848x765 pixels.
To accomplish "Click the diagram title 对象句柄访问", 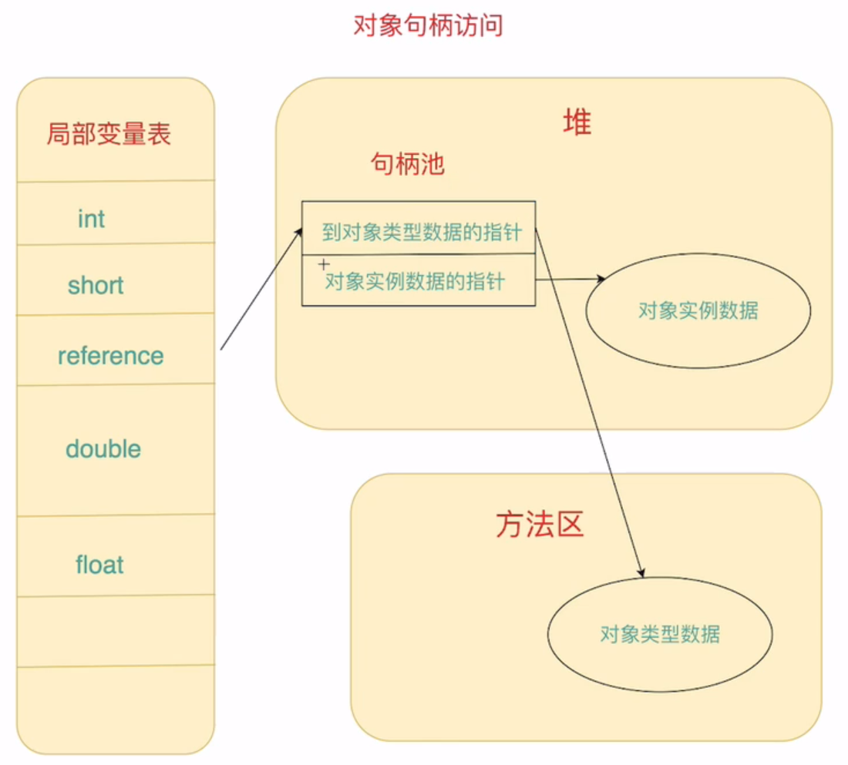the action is (x=428, y=25).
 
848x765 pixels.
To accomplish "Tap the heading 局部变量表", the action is (x=109, y=134).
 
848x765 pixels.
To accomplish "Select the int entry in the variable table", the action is (x=91, y=219).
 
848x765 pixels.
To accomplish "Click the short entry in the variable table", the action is (x=96, y=286).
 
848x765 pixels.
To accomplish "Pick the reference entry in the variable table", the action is (x=110, y=356).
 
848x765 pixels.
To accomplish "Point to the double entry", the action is (x=103, y=449).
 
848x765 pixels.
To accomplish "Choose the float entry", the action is (x=99, y=565).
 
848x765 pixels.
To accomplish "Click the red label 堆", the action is (x=577, y=122).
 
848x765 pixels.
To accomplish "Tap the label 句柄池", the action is (x=408, y=163).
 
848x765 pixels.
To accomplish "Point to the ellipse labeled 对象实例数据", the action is (x=698, y=310).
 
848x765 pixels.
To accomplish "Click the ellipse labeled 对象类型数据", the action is (x=660, y=635).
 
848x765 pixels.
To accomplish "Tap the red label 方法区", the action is (x=540, y=524).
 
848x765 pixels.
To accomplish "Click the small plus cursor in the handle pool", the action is (x=324, y=263).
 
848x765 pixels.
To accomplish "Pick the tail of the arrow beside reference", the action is (x=221, y=350).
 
